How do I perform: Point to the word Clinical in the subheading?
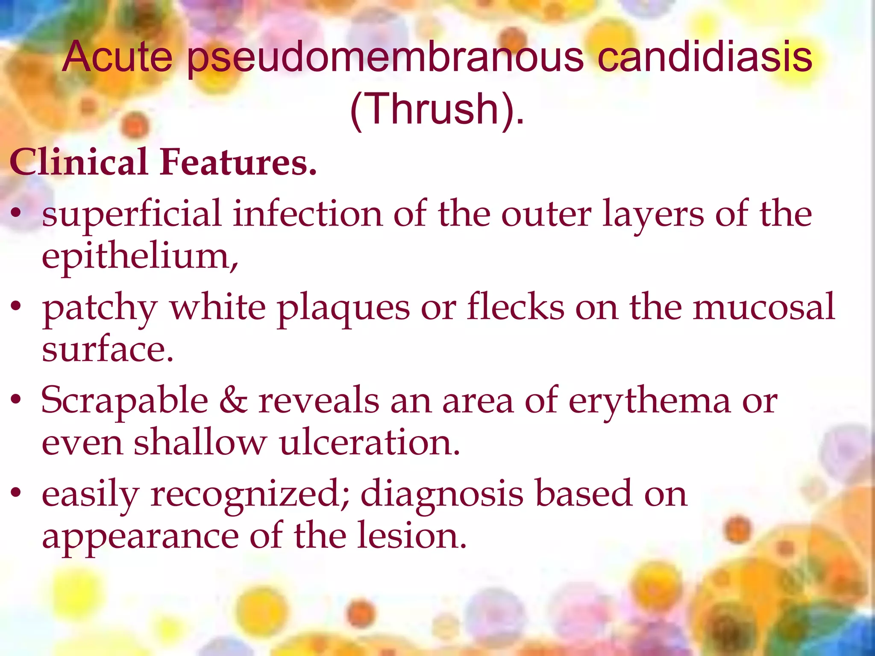(79, 162)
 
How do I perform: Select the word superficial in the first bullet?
(132, 214)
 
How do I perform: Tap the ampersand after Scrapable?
(233, 401)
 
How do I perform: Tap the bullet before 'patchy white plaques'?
(16, 306)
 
